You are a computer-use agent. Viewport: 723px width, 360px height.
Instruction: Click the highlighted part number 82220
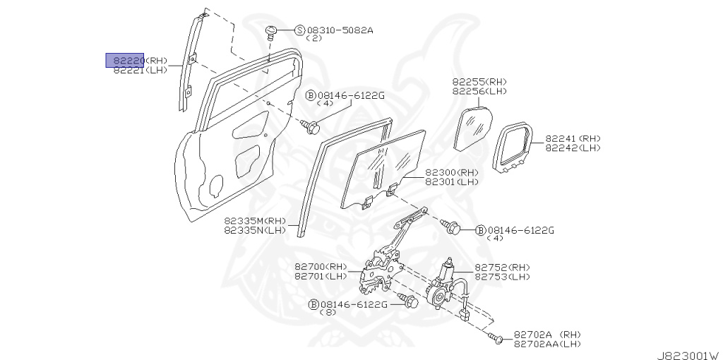[x=125, y=60]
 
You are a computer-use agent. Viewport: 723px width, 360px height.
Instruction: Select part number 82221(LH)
[x=141, y=70]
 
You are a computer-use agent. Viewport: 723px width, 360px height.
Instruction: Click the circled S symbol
[x=299, y=30]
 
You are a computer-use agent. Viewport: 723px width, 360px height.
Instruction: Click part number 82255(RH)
[x=479, y=82]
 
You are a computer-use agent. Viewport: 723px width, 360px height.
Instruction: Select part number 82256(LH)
[x=479, y=91]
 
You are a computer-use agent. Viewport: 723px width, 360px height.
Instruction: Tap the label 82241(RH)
[x=573, y=138]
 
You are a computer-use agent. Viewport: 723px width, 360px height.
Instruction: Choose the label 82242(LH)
[x=573, y=148]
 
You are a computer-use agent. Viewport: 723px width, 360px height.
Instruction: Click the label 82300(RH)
[x=451, y=172]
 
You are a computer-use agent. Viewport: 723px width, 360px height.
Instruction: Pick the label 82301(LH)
[x=451, y=181]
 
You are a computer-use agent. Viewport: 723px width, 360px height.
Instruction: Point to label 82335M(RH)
[x=255, y=220]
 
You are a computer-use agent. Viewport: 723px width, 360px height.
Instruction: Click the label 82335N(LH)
[x=255, y=229]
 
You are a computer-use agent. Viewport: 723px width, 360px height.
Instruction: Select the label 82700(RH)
[x=321, y=267]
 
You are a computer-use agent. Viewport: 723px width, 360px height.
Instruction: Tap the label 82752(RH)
[x=502, y=268]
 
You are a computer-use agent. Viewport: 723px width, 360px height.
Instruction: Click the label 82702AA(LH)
[x=547, y=343]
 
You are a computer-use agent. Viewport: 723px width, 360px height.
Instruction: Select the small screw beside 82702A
[x=498, y=340]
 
